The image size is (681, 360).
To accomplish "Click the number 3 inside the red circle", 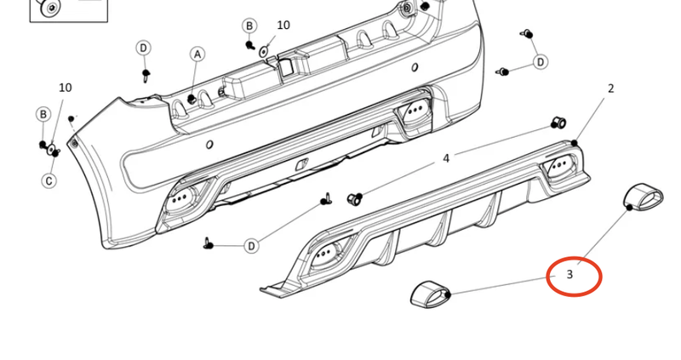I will pyautogui.click(x=569, y=276).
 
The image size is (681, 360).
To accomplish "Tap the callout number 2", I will pyautogui.click(x=610, y=88).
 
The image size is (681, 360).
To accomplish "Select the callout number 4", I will pyautogui.click(x=446, y=158).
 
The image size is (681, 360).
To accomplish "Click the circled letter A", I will pyautogui.click(x=197, y=54).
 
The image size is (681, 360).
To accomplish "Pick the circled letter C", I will pyautogui.click(x=49, y=180).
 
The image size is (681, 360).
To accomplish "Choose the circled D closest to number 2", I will pyautogui.click(x=540, y=62).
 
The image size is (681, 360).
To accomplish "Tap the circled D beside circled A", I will pyautogui.click(x=144, y=47).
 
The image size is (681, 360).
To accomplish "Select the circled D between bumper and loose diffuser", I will pyautogui.click(x=251, y=246).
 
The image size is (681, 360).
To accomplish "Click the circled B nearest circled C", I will pyautogui.click(x=43, y=114).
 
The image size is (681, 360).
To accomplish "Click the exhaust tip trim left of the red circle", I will pyautogui.click(x=430, y=294).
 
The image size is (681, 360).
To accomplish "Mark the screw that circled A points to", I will pyautogui.click(x=192, y=100).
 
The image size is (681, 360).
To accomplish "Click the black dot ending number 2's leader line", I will pyautogui.click(x=575, y=143).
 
